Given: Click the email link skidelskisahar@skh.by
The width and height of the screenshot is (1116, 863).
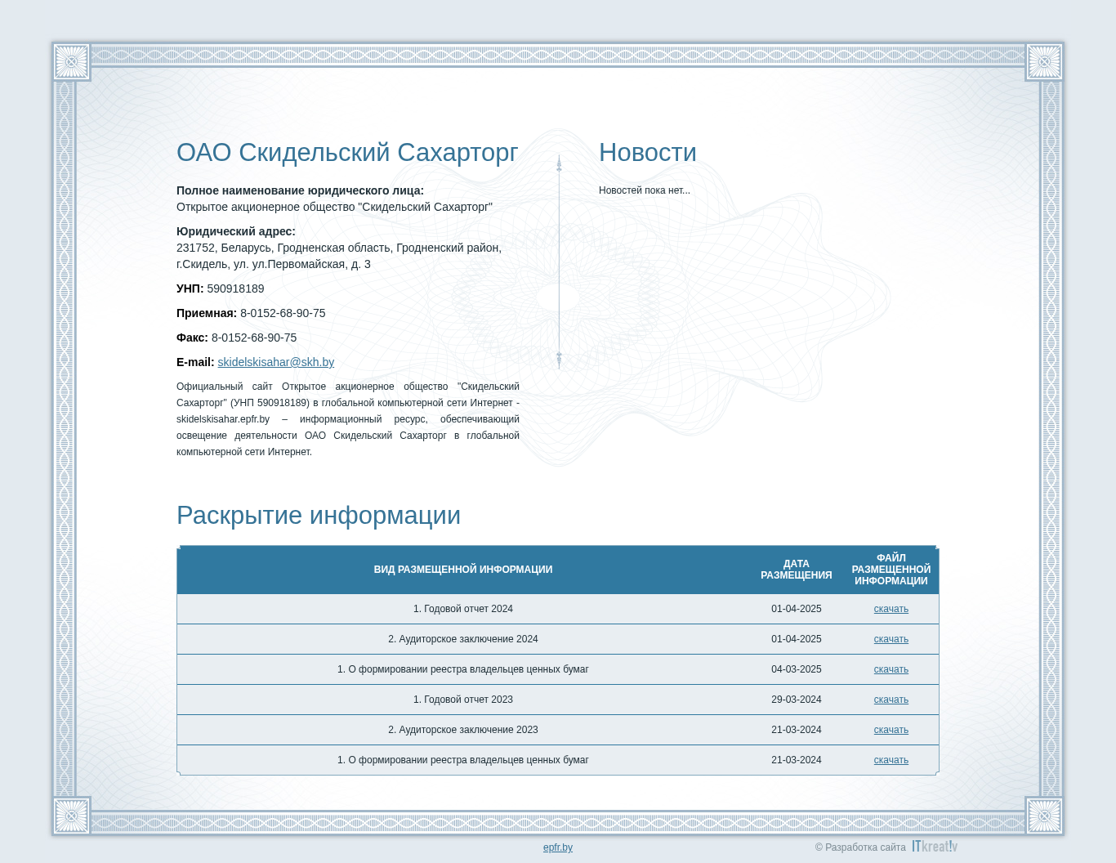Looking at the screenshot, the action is [276, 362].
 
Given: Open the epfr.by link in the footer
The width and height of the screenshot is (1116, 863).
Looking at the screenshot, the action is [558, 847].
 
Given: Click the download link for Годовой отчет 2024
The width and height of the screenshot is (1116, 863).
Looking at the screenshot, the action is [891, 609].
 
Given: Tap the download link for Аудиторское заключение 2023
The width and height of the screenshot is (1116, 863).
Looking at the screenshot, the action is [891, 730].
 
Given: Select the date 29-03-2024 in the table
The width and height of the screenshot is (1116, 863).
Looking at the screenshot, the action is [796, 699].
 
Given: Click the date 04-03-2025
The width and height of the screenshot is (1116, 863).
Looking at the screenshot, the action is [796, 668].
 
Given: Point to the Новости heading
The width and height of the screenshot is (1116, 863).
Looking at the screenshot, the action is [648, 153].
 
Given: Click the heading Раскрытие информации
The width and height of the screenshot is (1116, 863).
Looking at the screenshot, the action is [319, 515].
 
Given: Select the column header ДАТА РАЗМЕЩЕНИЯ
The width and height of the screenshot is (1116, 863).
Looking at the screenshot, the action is [796, 569].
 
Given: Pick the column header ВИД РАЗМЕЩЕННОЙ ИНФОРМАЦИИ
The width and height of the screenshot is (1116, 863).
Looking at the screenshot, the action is [462, 569].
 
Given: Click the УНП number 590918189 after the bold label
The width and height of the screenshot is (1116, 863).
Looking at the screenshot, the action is [236, 288].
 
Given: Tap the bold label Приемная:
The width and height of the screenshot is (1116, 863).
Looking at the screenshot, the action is [207, 313].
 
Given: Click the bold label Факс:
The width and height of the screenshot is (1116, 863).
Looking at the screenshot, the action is [192, 338].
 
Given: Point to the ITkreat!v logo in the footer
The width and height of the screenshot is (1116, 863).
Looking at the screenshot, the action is [935, 846].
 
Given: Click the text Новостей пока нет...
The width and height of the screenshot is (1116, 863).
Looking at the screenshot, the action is [645, 190].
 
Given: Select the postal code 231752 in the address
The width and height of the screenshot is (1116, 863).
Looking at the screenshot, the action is [196, 248].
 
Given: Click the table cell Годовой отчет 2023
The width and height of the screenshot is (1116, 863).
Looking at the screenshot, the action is [462, 699].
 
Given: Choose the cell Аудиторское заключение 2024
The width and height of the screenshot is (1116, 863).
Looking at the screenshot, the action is [462, 639].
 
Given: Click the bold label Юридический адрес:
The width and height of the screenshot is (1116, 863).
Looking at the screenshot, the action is [236, 231].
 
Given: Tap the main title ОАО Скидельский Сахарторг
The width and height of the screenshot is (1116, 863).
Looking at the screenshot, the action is [347, 153].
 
